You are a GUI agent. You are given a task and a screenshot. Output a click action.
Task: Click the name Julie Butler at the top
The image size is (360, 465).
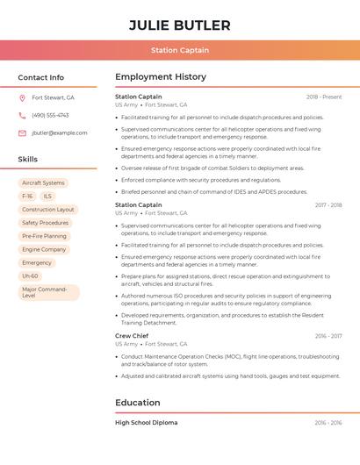point(179,25)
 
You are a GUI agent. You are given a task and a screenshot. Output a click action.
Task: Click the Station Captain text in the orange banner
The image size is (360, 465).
point(179,51)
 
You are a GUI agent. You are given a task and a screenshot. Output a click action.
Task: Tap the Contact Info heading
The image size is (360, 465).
point(41,77)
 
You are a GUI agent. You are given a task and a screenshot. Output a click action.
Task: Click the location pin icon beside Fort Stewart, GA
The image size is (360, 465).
point(22,97)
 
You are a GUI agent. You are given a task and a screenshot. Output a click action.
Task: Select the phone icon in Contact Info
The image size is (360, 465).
point(22,115)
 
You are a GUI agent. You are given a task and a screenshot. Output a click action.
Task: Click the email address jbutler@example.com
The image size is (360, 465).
point(59,133)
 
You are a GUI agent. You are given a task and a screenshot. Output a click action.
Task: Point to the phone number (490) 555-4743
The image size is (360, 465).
point(50,115)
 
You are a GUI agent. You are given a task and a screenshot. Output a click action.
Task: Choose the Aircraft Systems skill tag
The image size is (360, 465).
point(43,183)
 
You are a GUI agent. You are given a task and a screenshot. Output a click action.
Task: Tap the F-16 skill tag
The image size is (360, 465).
point(27,197)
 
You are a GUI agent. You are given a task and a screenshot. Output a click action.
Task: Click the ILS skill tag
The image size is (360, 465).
point(47,197)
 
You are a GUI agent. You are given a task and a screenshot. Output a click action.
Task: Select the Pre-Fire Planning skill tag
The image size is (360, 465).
point(44,236)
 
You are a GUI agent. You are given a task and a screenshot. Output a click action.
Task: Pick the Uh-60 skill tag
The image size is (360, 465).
point(30,275)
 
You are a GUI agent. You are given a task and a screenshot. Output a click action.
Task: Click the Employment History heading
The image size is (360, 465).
point(160,77)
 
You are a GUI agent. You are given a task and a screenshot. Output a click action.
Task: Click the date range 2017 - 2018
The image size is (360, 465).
point(328,205)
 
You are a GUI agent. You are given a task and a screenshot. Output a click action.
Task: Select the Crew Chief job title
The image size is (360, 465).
point(132,336)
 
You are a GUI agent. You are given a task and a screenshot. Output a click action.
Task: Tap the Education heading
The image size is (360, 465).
point(138,403)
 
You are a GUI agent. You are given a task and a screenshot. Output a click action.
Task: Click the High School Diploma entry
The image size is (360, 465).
point(146,423)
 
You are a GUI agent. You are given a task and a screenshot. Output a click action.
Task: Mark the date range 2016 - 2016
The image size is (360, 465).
point(328,423)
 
